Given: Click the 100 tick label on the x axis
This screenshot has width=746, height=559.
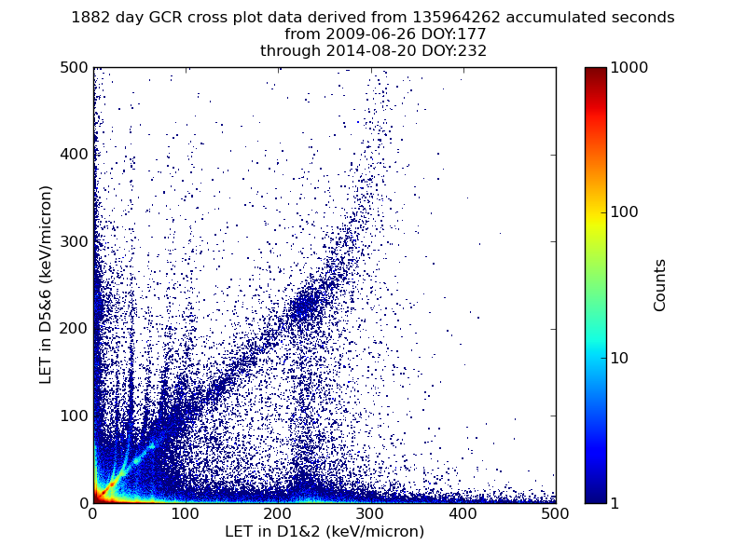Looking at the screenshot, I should pyautogui.click(x=185, y=513).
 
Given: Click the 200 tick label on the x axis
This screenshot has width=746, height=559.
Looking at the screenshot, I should pyautogui.click(x=278, y=513).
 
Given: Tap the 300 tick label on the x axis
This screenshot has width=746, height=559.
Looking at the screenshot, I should pyautogui.click(x=370, y=513).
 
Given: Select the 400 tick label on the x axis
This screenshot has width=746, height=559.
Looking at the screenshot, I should pyautogui.click(x=463, y=513).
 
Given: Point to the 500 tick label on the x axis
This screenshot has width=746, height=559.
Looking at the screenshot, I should pyautogui.click(x=555, y=513).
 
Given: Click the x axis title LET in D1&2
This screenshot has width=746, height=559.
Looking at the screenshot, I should pyautogui.click(x=324, y=532).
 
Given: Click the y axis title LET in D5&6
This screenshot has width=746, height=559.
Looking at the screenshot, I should pyautogui.click(x=46, y=284).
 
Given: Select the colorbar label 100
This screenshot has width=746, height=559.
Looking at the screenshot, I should pyautogui.click(x=624, y=212).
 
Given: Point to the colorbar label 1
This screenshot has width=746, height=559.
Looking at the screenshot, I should pyautogui.click(x=615, y=503).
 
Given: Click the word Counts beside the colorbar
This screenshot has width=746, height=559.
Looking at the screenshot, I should pyautogui.click(x=660, y=285).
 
